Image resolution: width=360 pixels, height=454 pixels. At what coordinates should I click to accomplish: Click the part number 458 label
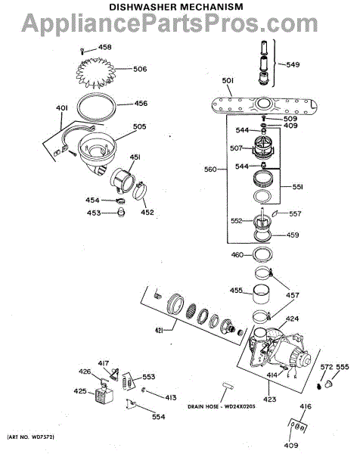105,47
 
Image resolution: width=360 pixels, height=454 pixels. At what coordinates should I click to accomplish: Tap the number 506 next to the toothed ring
140,69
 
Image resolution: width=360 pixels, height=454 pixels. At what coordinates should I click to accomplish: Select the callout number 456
141,104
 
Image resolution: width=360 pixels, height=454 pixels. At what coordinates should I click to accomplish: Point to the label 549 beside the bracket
293,64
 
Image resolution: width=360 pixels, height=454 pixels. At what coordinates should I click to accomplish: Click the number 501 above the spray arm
228,81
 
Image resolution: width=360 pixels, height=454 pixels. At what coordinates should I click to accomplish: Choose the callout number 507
236,148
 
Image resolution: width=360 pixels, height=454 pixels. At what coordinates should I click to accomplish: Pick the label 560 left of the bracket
210,169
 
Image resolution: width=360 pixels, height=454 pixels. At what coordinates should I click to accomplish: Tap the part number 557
295,213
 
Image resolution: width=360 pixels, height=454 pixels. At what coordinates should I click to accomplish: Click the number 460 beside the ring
237,255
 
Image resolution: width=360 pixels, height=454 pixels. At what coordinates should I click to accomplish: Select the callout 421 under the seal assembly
159,331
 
